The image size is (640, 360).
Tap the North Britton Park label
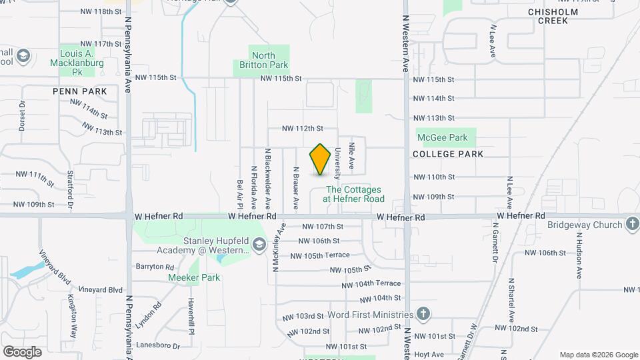[x=261, y=61]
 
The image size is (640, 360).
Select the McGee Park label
[x=442, y=138]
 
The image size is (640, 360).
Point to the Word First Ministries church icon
[x=423, y=314]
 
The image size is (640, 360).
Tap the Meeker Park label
[x=194, y=277]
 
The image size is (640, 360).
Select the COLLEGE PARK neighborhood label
[x=447, y=154]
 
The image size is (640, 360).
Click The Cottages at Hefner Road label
[x=354, y=194]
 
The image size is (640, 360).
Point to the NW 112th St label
[x=302, y=128]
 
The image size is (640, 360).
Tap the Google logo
[x=22, y=351]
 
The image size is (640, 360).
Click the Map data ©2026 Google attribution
[x=598, y=355]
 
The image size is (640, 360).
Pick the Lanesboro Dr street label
[x=157, y=346]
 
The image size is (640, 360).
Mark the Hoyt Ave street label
[x=429, y=355]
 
